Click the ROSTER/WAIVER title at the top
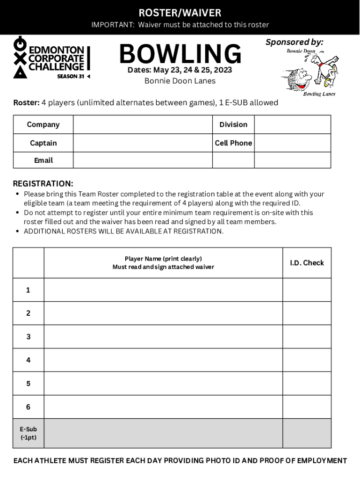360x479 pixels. point(180,13)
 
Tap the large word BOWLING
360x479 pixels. point(180,54)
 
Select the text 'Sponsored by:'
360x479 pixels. point(294,42)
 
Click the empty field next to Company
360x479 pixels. point(143,124)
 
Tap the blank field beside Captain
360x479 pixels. point(143,143)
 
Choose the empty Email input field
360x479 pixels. point(143,160)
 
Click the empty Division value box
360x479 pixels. point(292,124)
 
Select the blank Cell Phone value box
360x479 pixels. point(292,143)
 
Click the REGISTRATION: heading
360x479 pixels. point(43,183)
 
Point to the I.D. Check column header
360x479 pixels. point(307,263)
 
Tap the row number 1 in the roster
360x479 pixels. point(28,290)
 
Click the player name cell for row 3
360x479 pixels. point(163,337)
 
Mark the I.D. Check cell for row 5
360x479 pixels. point(307,384)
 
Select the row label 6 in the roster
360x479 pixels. point(28,407)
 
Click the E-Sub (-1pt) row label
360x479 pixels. point(28,433)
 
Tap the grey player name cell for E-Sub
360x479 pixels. point(163,433)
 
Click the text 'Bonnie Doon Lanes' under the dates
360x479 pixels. point(180,81)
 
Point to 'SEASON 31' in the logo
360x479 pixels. point(71,76)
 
